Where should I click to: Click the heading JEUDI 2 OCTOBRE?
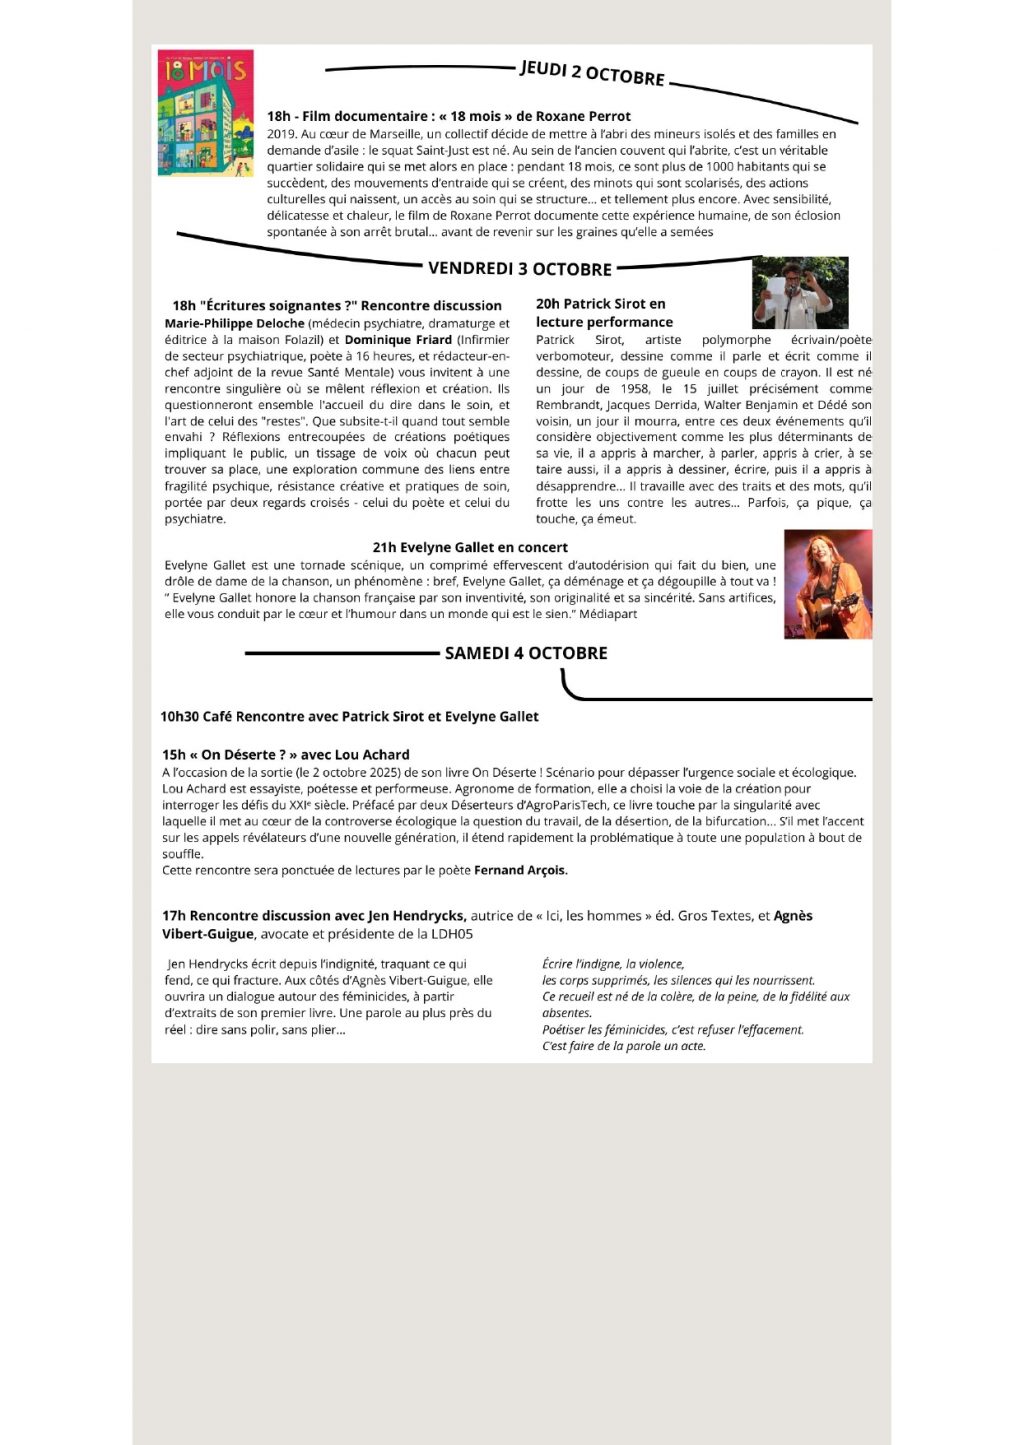[592, 72]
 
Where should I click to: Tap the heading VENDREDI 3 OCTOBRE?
[519, 269]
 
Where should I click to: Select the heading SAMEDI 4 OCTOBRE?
[526, 653]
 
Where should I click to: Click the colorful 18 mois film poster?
[205, 112]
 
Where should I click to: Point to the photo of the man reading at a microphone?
[799, 292]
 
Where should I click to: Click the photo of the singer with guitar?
[827, 584]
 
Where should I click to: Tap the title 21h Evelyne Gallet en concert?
[470, 547]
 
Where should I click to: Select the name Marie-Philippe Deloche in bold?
[234, 324]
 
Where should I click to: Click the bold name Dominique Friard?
[398, 340]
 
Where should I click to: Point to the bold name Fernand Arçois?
[520, 870]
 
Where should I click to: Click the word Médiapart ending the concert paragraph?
[608, 614]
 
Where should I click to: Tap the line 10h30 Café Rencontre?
[349, 716]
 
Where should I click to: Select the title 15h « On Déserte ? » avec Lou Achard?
[286, 755]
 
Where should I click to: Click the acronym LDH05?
[450, 934]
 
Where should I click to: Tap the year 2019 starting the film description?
[280, 134]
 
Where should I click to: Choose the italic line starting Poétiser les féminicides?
[672, 1030]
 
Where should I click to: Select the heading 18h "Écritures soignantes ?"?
[337, 306]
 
